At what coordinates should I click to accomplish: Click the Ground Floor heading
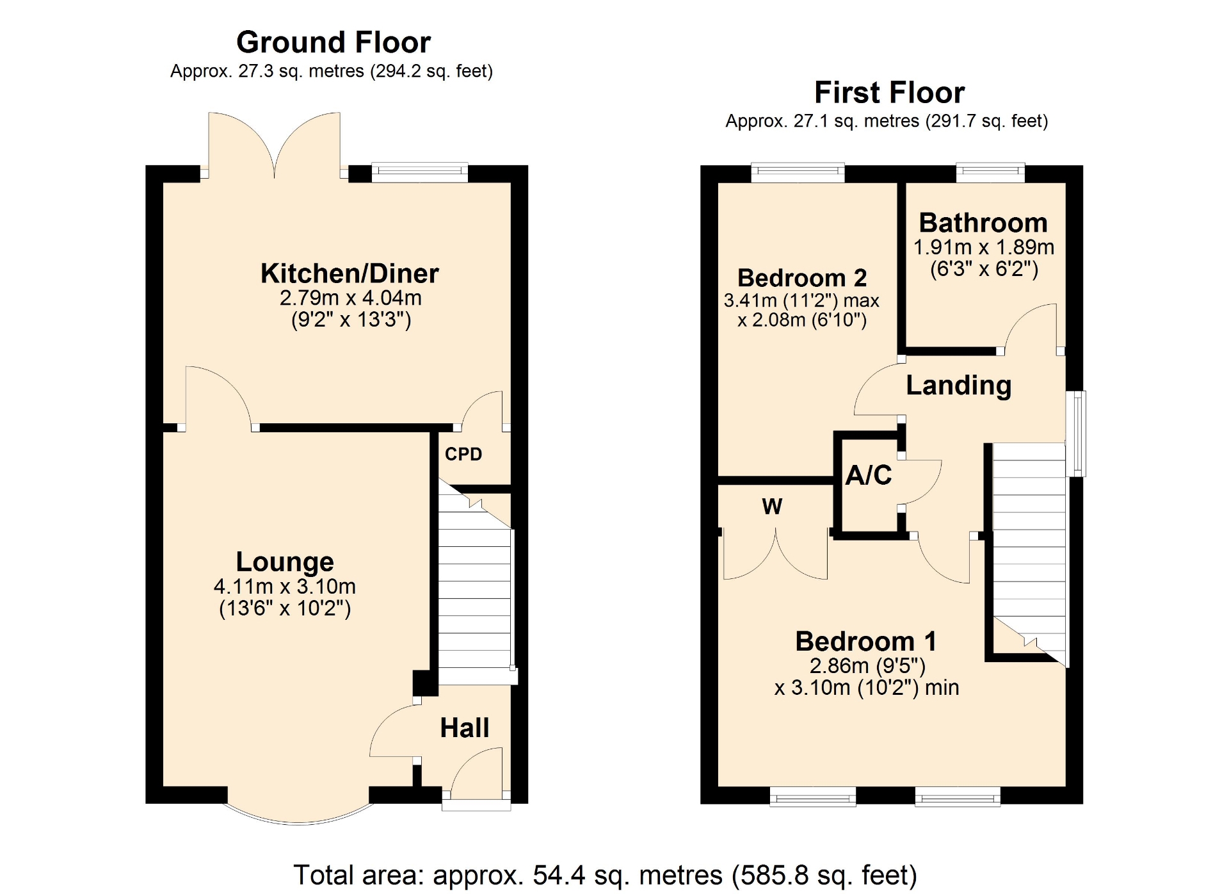[x=333, y=43]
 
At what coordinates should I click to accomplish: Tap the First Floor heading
[x=889, y=93]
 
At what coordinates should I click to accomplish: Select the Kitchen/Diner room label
[x=349, y=274]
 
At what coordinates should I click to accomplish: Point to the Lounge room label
[x=285, y=562]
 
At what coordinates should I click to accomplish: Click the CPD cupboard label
[x=463, y=454]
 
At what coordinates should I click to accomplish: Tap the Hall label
[x=465, y=728]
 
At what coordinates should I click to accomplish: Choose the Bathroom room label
[x=983, y=223]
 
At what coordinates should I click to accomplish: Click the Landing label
[x=959, y=386]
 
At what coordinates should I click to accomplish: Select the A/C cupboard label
[x=869, y=475]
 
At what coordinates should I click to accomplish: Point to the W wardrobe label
[x=772, y=507]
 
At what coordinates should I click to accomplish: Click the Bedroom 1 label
[x=866, y=641]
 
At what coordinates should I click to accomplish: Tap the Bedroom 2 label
[x=802, y=278]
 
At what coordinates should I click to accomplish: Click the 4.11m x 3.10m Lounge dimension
[x=285, y=586]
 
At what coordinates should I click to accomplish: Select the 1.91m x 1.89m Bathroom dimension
[x=984, y=247]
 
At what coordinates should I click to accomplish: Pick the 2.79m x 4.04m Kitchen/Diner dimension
[x=351, y=298]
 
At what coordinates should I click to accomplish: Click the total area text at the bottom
[x=606, y=875]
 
